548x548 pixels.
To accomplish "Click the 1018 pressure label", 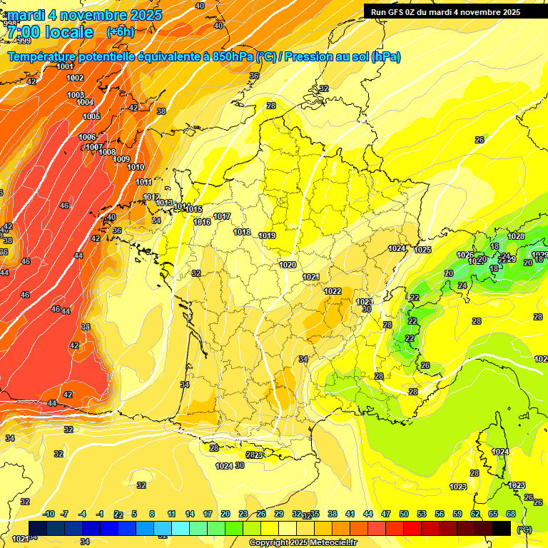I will point(242,232).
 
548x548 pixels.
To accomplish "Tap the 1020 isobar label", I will point(288,265).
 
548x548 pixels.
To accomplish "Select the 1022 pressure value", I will point(333,291).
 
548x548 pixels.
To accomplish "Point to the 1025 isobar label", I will point(422,250).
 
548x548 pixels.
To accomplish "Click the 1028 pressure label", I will point(516,236).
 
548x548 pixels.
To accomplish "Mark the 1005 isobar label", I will point(91,116).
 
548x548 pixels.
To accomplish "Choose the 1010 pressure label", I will point(136,167).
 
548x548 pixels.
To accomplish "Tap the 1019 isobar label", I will point(267,235).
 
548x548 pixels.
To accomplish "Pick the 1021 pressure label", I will point(310,277).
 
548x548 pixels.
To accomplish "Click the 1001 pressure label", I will point(64,67).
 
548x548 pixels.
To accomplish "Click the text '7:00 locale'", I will point(51,31).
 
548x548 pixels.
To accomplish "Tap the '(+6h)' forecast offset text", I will point(120,31).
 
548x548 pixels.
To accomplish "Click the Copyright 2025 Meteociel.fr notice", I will point(303,542).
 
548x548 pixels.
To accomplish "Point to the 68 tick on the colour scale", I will point(511,514).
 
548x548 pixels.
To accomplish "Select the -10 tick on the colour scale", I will point(49,514).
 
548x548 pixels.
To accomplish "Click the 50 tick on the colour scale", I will point(404,514).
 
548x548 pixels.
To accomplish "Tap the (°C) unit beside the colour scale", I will point(524,529).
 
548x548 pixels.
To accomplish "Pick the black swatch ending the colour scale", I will point(502,528).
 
